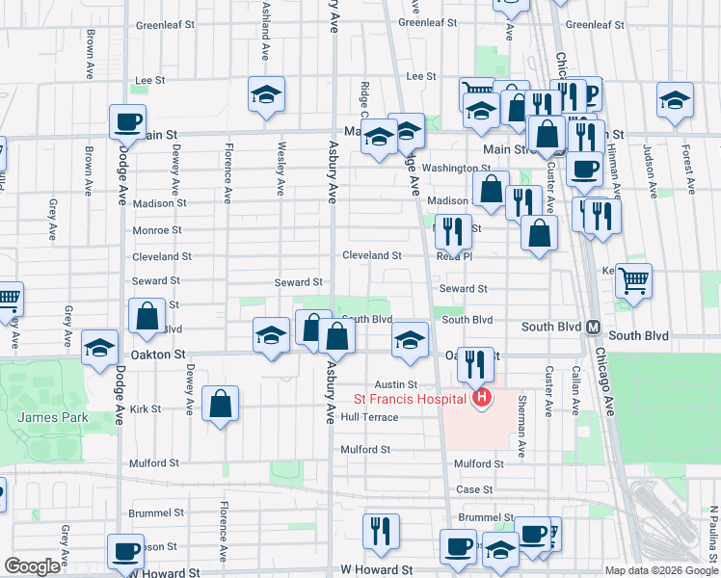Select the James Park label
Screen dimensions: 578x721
click(x=52, y=417)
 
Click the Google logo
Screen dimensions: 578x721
click(x=33, y=566)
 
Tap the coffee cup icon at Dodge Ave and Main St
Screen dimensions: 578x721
click(x=126, y=121)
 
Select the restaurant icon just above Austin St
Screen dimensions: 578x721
click(x=474, y=363)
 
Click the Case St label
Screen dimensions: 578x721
click(x=475, y=489)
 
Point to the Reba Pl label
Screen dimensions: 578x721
click(x=453, y=257)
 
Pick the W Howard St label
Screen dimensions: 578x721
click(x=376, y=570)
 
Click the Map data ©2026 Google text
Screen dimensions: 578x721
click(x=660, y=570)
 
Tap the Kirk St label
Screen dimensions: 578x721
click(x=146, y=409)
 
